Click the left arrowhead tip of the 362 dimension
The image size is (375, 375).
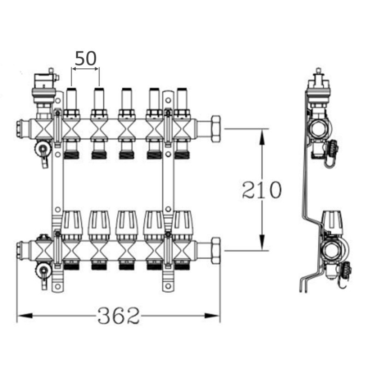click(17, 316)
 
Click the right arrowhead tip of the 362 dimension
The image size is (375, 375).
click(220, 316)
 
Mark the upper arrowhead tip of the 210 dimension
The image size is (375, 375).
click(262, 129)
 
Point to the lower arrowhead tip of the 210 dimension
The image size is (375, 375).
click(262, 250)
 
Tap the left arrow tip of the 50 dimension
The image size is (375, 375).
click(72, 69)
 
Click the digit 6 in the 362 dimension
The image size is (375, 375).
click(119, 315)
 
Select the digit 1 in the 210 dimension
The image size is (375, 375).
click(262, 190)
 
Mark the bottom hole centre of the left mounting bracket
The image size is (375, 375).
click(57, 286)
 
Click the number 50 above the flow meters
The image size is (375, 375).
click(86, 59)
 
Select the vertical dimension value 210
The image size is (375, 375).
click(262, 190)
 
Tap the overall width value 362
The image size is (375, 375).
click(119, 315)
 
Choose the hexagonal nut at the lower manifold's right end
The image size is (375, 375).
click(216, 250)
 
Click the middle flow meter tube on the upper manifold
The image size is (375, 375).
click(126, 99)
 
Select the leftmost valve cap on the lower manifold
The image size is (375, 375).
click(72, 223)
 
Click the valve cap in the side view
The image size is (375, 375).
click(333, 222)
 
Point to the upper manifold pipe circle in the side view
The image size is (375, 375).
click(319, 130)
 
